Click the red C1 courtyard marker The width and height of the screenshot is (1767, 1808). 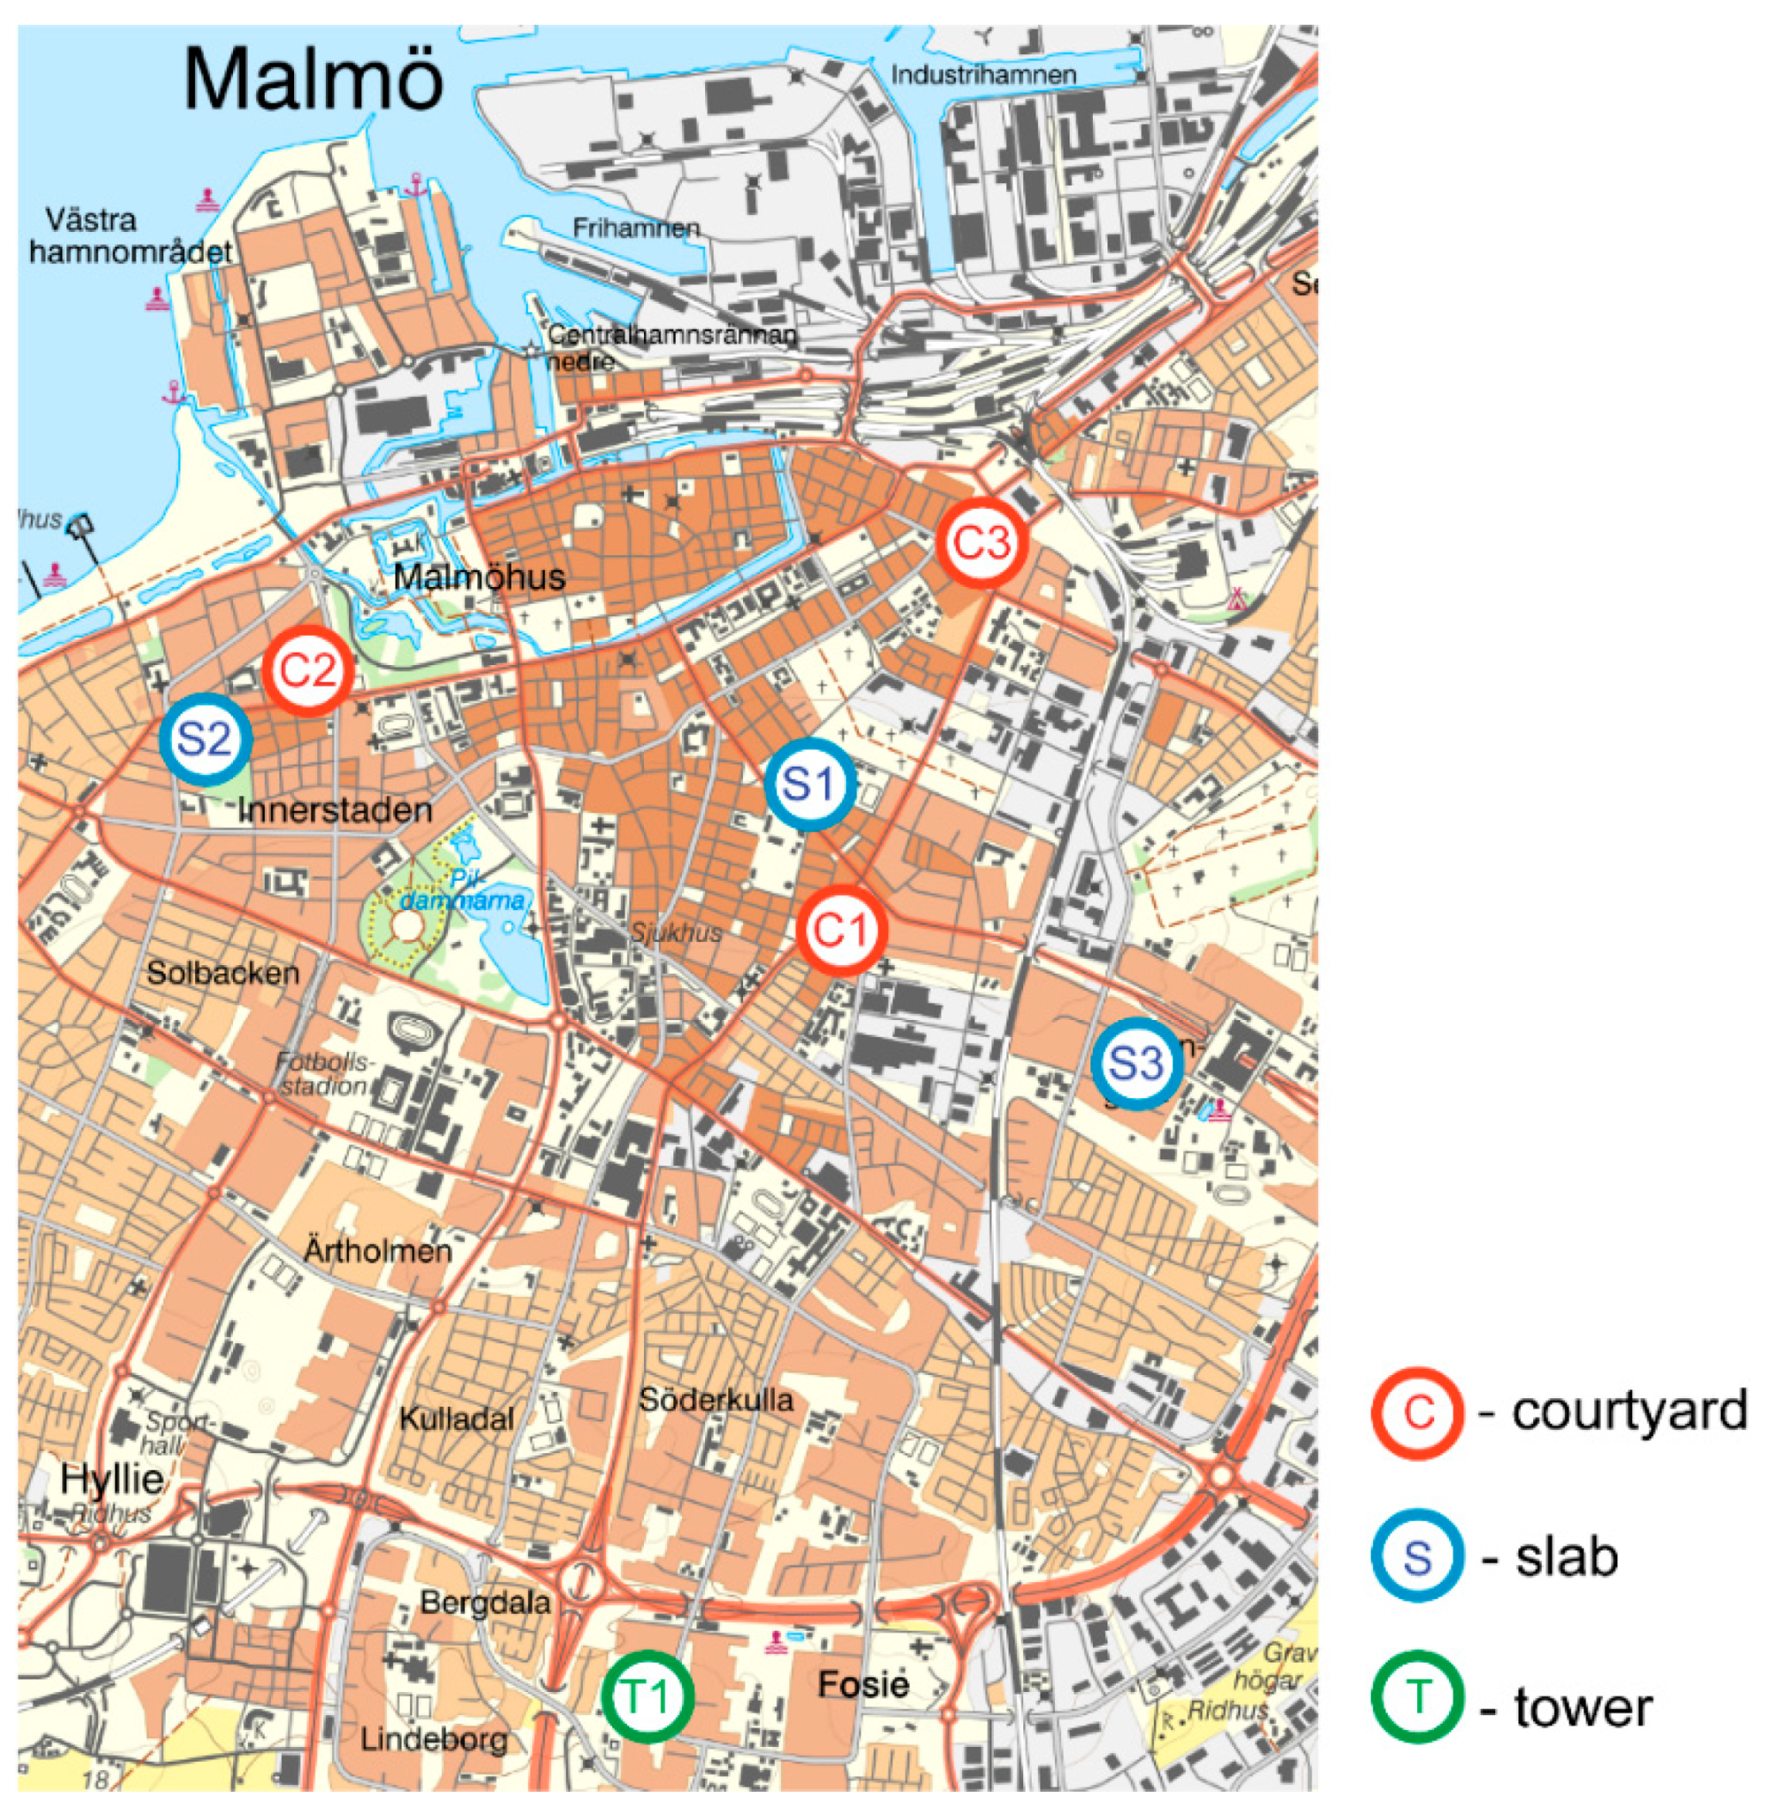(842, 930)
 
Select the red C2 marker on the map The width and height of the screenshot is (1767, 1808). (307, 669)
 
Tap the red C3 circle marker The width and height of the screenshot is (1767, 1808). (982, 543)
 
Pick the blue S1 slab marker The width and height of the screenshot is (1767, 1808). (809, 785)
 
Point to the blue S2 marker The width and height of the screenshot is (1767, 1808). (206, 739)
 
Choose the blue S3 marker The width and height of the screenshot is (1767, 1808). (1136, 1064)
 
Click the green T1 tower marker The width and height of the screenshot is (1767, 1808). (647, 1695)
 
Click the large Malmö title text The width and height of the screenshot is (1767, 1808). (314, 79)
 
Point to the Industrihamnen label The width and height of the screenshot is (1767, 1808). (983, 74)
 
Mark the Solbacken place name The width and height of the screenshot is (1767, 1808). (223, 973)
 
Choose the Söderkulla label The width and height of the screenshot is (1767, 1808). (715, 1400)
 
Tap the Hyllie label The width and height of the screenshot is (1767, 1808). (112, 1479)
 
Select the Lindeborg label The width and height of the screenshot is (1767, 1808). (434, 1739)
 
